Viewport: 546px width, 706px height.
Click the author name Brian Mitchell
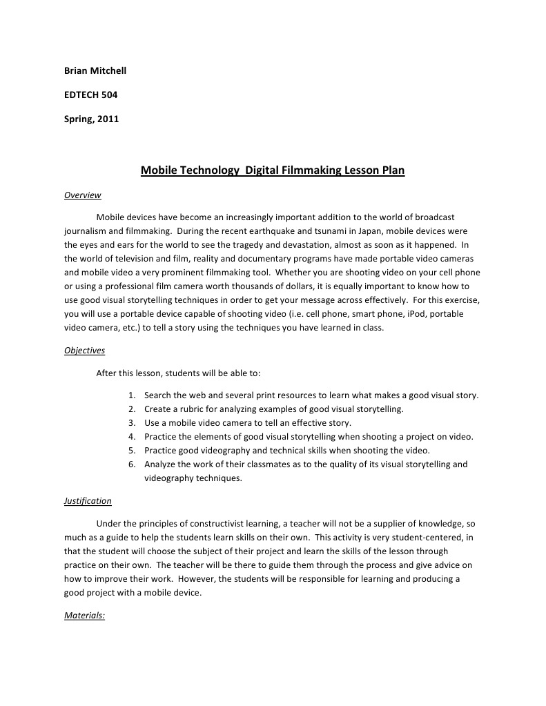pos(95,71)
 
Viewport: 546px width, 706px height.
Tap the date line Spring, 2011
pos(91,119)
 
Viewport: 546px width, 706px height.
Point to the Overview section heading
pos(83,195)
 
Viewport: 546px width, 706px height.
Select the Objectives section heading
pos(84,351)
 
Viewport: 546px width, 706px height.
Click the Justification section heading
pos(88,501)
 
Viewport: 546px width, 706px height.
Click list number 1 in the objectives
pos(131,395)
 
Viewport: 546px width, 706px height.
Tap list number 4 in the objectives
pos(131,437)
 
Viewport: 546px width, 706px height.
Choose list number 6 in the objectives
pos(131,464)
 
